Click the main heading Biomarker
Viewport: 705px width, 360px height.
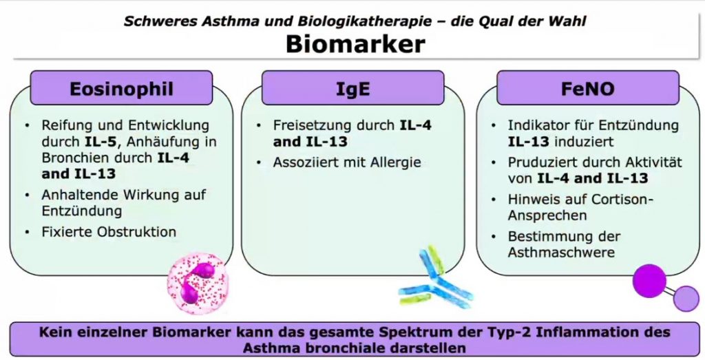[x=355, y=44]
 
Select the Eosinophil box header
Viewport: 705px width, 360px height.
[x=121, y=88]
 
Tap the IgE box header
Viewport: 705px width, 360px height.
[x=353, y=88]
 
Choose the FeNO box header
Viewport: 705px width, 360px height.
[x=588, y=88]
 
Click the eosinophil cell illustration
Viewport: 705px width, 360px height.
[x=198, y=283]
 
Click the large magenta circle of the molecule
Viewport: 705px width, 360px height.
[x=649, y=280]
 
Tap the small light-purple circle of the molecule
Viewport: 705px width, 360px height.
[x=686, y=299]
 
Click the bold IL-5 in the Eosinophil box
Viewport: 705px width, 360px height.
[x=102, y=142]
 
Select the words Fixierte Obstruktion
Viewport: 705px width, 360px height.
[x=109, y=232]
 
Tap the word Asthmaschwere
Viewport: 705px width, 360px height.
[x=561, y=252]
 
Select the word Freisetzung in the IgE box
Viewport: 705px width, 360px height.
[x=311, y=125]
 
